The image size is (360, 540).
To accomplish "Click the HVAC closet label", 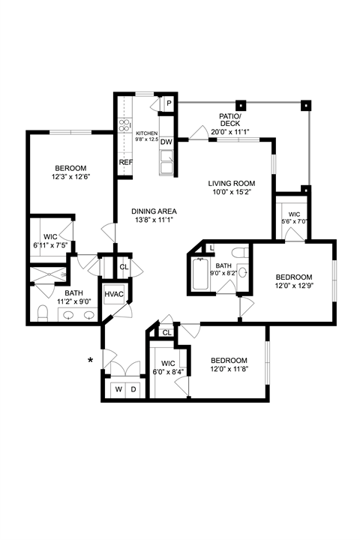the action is tap(114, 294).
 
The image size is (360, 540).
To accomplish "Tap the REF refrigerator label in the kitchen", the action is tap(126, 162).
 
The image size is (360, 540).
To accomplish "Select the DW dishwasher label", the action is tap(166, 142).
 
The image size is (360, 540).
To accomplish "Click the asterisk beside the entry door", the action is tap(91, 361).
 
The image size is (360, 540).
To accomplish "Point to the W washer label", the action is tap(118, 389).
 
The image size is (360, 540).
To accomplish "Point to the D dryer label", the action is tap(133, 389).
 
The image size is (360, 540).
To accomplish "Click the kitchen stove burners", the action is tap(125, 125).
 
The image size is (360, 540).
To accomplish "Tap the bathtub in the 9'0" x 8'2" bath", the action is tap(200, 274).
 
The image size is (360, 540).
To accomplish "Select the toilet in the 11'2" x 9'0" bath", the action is tap(42, 313).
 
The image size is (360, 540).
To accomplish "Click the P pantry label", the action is tap(169, 103).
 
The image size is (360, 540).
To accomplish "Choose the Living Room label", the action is tap(232, 183).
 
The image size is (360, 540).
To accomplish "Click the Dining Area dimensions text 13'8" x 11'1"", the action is tap(154, 219).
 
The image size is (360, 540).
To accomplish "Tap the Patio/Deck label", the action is tap(229, 119).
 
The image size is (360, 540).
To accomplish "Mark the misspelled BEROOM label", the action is tap(70, 169).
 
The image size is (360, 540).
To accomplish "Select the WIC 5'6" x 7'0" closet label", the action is tap(294, 218).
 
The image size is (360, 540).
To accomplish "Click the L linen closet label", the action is tap(211, 247).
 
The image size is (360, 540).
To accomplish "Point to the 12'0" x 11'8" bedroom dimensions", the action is tap(229, 369).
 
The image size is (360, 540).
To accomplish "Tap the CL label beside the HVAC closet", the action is tap(124, 267).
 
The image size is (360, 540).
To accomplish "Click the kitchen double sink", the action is tap(167, 162).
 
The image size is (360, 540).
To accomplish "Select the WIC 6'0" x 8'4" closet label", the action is tap(168, 367).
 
